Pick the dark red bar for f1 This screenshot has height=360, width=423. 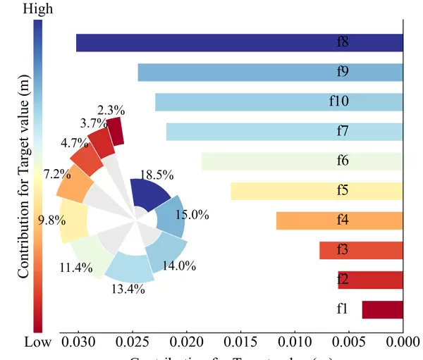382,310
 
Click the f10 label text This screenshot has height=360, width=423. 339,101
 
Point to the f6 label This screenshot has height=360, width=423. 342,161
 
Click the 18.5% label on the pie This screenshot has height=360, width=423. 157,175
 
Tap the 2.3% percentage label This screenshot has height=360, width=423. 111,110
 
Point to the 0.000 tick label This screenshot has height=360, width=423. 403,343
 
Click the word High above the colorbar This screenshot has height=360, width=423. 38,9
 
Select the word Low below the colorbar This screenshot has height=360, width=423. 38,342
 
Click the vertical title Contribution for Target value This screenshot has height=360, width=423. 24,176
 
